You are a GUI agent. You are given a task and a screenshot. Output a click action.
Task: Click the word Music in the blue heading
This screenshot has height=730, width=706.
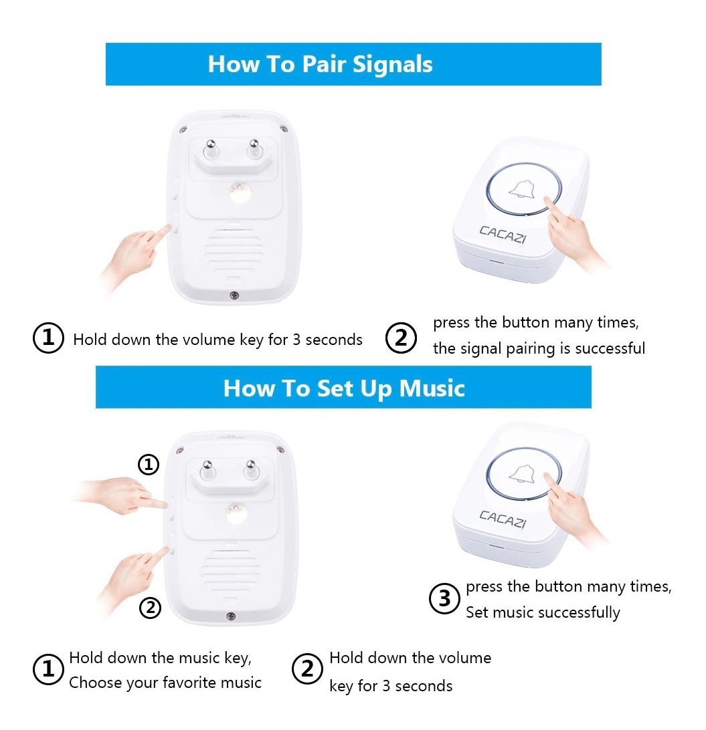(432, 388)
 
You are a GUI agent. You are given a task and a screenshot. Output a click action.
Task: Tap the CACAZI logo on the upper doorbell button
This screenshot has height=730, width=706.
(503, 234)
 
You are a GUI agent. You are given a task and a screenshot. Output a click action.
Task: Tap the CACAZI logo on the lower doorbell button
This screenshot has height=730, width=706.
(503, 519)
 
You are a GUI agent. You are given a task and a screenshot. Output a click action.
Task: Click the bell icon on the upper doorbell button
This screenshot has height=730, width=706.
(521, 189)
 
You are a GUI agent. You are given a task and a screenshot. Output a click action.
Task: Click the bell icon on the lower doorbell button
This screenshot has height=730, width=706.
(521, 474)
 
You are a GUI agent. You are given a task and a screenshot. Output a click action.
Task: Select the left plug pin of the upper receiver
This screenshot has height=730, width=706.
(211, 149)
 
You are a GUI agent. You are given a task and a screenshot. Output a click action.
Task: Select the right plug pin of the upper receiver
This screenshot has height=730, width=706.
(254, 149)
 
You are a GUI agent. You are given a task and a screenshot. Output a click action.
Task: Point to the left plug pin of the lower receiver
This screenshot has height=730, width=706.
(207, 470)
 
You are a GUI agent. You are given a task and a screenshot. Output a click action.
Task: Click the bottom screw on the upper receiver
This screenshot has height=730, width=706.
(234, 295)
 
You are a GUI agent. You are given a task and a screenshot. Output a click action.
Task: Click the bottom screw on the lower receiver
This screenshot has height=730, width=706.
(231, 616)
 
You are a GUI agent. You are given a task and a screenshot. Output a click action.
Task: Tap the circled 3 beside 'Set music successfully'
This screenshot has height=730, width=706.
(444, 598)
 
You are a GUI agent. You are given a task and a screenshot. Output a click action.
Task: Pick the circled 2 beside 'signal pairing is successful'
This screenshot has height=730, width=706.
(401, 338)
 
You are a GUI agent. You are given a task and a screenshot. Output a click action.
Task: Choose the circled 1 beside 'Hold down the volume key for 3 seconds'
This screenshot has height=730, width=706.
(48, 338)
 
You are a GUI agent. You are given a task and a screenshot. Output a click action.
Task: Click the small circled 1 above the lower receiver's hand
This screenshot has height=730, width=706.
(149, 464)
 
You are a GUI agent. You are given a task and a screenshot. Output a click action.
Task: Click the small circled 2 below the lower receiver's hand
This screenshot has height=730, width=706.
(150, 608)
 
